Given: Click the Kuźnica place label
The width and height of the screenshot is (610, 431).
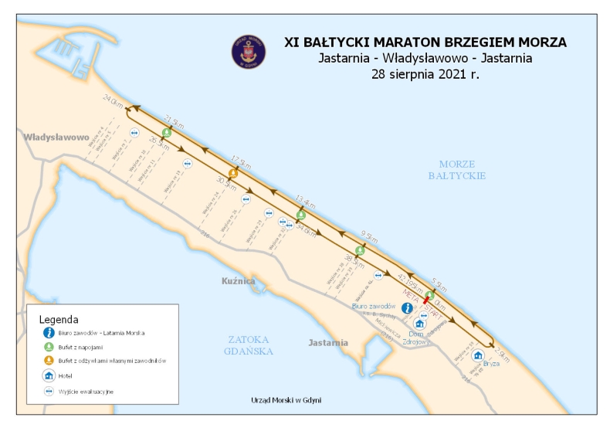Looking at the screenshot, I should click(x=238, y=281).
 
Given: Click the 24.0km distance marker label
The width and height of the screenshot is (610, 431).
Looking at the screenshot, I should click(x=113, y=101).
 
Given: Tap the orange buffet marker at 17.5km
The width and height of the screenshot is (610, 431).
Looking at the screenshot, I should click(x=232, y=174).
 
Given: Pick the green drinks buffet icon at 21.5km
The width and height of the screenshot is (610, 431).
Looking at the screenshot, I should click(x=167, y=134).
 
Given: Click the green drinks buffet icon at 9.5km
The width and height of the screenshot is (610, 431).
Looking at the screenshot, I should click(x=360, y=249).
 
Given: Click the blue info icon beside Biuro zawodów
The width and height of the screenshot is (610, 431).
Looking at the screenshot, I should click(x=407, y=307).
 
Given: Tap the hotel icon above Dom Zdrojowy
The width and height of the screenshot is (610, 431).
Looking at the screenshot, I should click(x=421, y=324).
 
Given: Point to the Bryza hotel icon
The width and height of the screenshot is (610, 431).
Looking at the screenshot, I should click(x=478, y=355).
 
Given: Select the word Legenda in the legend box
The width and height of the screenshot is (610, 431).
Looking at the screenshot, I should click(x=59, y=319).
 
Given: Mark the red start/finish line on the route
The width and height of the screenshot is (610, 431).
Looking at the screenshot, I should click(x=426, y=298).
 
